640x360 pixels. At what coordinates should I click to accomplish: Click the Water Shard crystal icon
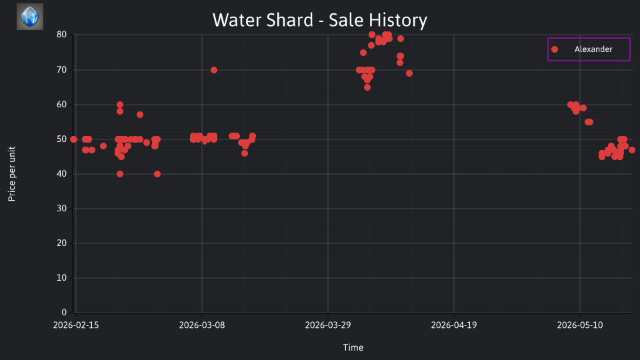pos(30,17)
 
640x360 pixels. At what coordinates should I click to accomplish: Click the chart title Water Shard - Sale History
pos(319,20)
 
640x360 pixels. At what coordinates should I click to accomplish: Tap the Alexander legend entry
pos(589,49)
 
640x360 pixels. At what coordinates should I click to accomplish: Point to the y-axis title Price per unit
pos(12,174)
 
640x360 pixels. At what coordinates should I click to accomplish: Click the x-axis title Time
pos(353,347)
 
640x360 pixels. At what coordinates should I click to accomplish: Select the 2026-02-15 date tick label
pos(76,325)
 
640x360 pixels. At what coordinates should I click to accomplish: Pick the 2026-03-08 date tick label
pos(202,325)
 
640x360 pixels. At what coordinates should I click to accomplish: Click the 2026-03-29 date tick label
pos(328,325)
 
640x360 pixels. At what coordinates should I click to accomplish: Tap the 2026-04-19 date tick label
pos(454,325)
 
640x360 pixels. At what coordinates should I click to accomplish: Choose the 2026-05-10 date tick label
pos(580,325)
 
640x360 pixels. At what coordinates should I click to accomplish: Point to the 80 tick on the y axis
pos(61,35)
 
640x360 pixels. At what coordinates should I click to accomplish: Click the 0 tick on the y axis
pos(64,312)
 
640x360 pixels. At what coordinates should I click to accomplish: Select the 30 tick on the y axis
pos(61,208)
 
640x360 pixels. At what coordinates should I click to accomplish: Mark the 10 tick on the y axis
pos(61,277)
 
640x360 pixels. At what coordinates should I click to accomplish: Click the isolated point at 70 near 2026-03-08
pos(214,70)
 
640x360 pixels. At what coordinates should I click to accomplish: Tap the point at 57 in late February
pos(140,115)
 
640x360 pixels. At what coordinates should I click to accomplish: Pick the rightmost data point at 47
pos(632,150)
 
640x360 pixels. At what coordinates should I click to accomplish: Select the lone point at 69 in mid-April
pos(409,73)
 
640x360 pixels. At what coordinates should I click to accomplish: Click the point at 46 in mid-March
pos(245,153)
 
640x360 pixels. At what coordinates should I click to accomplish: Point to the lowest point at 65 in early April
pos(367,87)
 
